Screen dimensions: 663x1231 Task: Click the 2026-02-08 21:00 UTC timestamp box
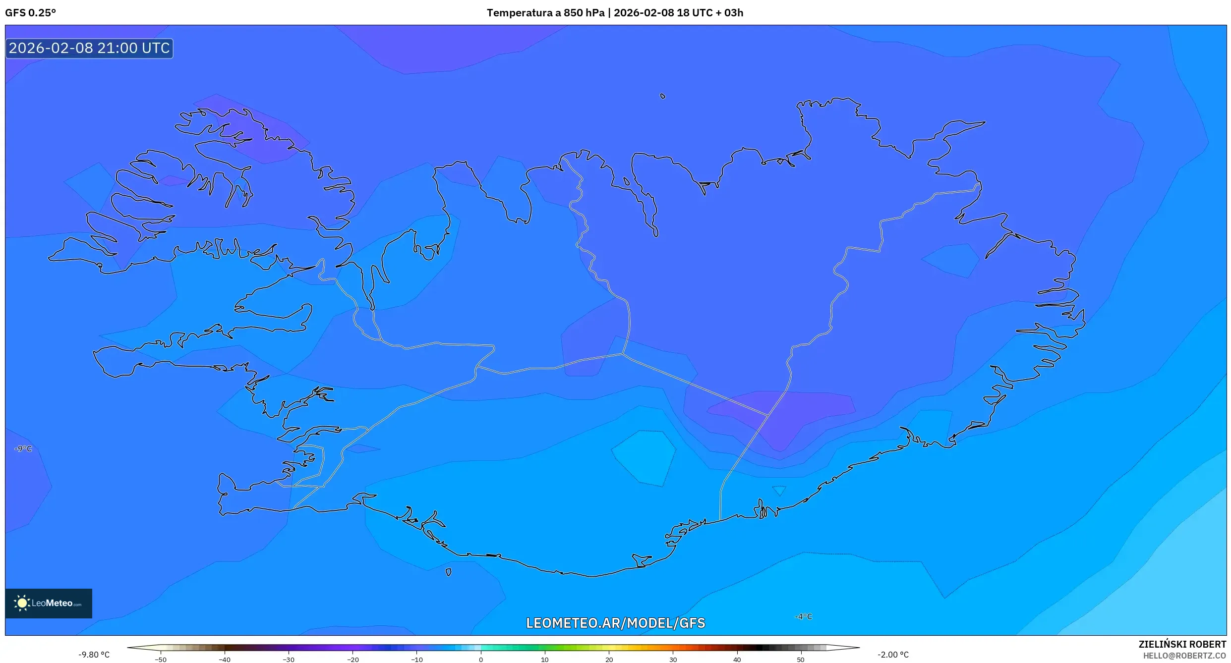click(89, 48)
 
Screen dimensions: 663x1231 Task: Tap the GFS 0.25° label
click(31, 13)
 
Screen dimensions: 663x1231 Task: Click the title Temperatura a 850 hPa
click(545, 13)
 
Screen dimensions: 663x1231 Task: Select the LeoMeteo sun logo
click(22, 603)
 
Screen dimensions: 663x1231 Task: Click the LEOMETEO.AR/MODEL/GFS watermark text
click(615, 623)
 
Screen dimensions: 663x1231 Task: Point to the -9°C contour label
click(23, 449)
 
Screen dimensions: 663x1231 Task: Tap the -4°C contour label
click(804, 616)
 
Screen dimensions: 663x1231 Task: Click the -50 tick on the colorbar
click(161, 659)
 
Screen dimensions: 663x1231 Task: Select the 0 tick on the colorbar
click(480, 659)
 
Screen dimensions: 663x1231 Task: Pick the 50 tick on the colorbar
click(801, 659)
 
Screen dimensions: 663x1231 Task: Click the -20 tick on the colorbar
click(352, 659)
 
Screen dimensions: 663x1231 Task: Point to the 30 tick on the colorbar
click(673, 659)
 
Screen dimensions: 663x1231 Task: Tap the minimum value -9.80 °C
click(94, 655)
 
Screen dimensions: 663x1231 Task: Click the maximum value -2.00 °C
click(893, 655)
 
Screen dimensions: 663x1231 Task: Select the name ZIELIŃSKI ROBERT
click(1182, 644)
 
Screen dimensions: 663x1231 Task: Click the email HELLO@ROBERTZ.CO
click(1184, 656)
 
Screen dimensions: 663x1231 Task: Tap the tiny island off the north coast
click(663, 96)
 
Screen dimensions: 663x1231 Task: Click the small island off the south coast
click(448, 572)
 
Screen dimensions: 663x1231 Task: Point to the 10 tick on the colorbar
click(544, 659)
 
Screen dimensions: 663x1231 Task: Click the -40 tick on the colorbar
click(225, 659)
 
